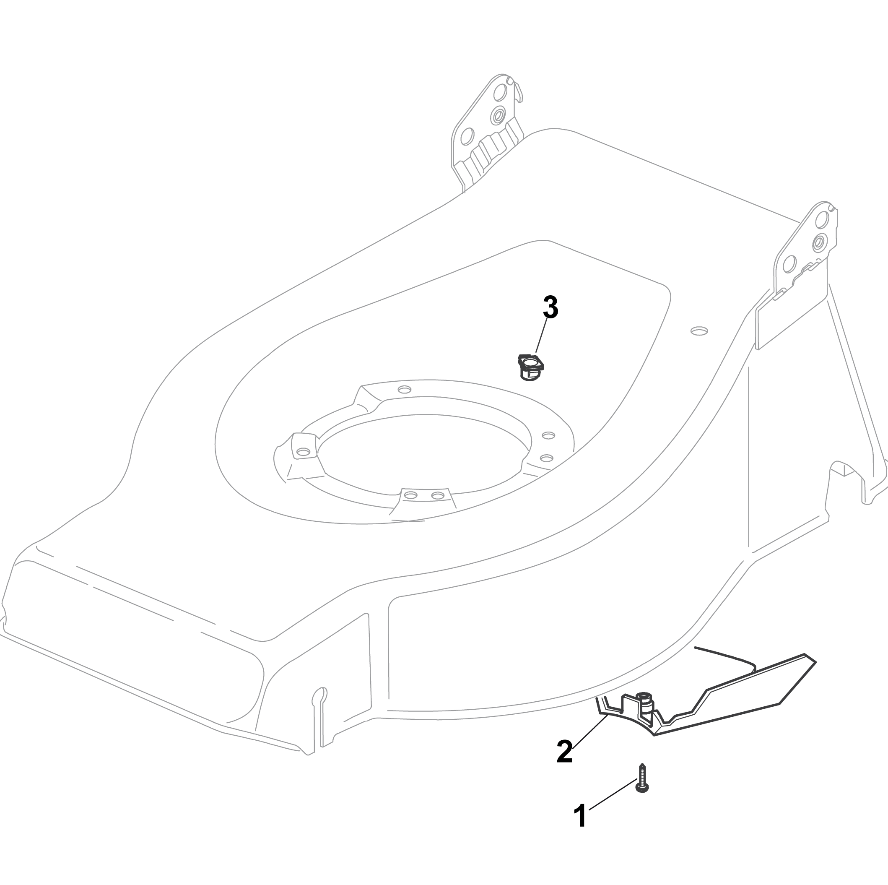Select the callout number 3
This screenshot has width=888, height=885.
coord(550,307)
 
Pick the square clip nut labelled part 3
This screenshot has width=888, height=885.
coord(531,367)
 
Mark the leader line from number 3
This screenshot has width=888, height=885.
coord(541,336)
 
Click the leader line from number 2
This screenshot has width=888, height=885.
coord(591,733)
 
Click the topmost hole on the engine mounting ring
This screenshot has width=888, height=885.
coord(405,390)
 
